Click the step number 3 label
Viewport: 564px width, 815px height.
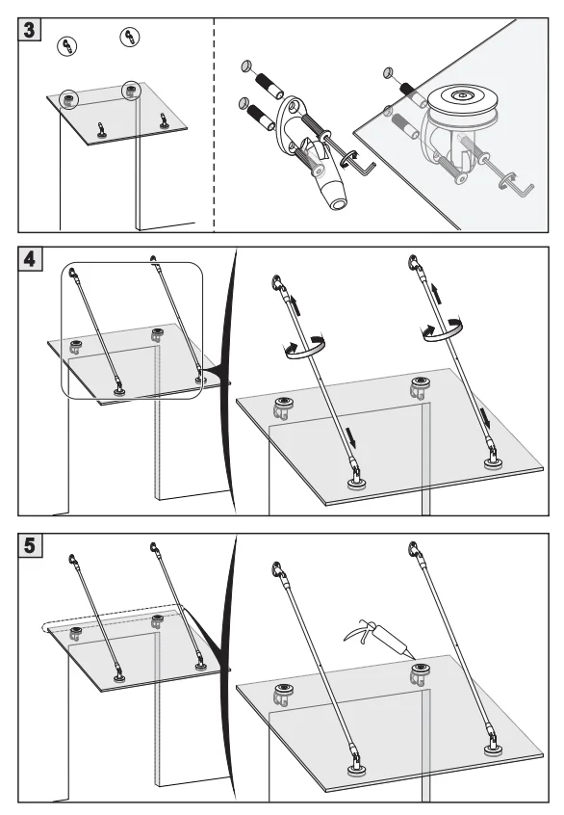pyautogui.click(x=30, y=30)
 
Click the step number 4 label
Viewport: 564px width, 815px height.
pyautogui.click(x=30, y=258)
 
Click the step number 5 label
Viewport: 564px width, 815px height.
pyautogui.click(x=30, y=545)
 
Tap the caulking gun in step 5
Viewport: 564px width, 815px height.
pyautogui.click(x=376, y=636)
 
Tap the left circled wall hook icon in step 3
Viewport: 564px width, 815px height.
pyautogui.click(x=66, y=46)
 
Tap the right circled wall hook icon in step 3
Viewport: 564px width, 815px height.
pyautogui.click(x=129, y=37)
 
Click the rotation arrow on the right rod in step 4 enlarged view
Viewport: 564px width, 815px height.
pyautogui.click(x=442, y=330)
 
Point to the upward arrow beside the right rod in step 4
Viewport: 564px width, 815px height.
pyautogui.click(x=438, y=293)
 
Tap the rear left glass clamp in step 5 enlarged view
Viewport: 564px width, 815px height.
pyautogui.click(x=282, y=695)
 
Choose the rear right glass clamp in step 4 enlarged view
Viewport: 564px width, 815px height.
pyautogui.click(x=420, y=387)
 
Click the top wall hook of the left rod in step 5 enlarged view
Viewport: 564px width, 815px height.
pyautogui.click(x=278, y=570)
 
